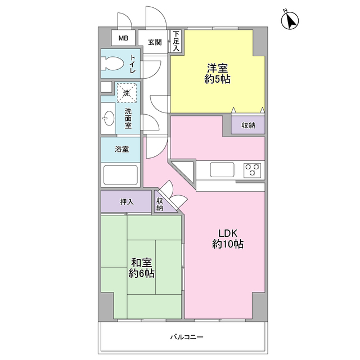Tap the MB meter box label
123,38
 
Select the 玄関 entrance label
155,42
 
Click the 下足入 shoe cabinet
176,41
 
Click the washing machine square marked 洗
127,93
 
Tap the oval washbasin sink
109,119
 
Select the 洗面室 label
128,119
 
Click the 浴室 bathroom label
122,149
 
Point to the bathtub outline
120,175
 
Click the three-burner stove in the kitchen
253,170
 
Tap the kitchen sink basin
222,170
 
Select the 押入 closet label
127,202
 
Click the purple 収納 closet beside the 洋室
248,125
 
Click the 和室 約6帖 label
141,268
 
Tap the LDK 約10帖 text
228,238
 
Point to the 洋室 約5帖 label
217,74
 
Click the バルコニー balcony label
187,337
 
